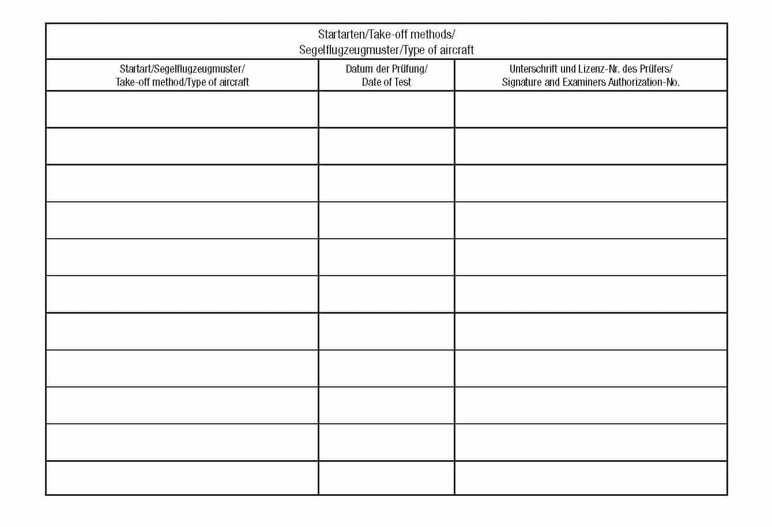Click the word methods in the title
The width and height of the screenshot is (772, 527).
tap(432, 35)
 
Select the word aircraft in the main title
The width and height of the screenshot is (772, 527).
tap(457, 50)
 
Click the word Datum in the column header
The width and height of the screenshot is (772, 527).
tap(359, 69)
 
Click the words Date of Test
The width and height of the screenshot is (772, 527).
tap(386, 82)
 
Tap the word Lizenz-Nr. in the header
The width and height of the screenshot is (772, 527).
tap(599, 69)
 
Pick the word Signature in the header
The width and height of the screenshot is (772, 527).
tap(522, 82)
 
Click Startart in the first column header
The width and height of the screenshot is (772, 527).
tap(135, 69)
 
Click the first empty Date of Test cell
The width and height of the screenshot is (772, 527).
tap(386, 109)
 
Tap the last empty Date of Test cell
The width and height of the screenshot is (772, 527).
tap(386, 477)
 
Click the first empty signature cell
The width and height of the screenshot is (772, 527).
tap(590, 109)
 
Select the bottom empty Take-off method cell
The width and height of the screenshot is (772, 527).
tap(182, 477)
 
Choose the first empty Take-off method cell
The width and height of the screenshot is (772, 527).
tap(182, 109)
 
